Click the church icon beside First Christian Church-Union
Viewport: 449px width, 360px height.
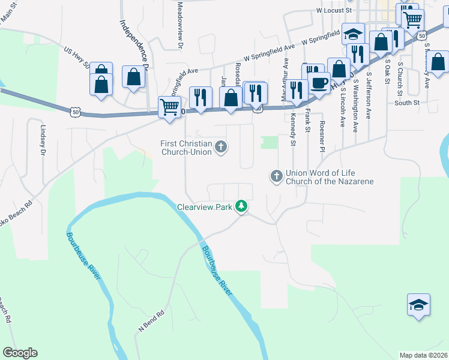click(x=221, y=146)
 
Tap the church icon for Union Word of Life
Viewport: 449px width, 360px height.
click(x=276, y=176)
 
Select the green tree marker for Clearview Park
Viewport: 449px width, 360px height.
click(x=241, y=206)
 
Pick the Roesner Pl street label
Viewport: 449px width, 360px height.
click(x=322, y=136)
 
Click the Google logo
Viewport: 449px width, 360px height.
click(x=20, y=353)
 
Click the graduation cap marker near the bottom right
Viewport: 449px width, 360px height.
click(x=418, y=305)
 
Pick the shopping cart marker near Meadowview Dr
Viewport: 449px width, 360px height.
click(x=170, y=107)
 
